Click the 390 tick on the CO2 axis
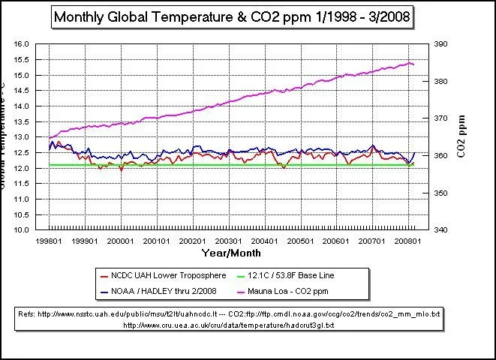440,44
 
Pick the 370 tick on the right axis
440,118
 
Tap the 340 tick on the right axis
440,229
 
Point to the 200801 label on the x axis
409,241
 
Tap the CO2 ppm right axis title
462,137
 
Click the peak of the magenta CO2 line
409,63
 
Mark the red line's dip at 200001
121,170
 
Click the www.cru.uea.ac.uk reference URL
230,325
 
